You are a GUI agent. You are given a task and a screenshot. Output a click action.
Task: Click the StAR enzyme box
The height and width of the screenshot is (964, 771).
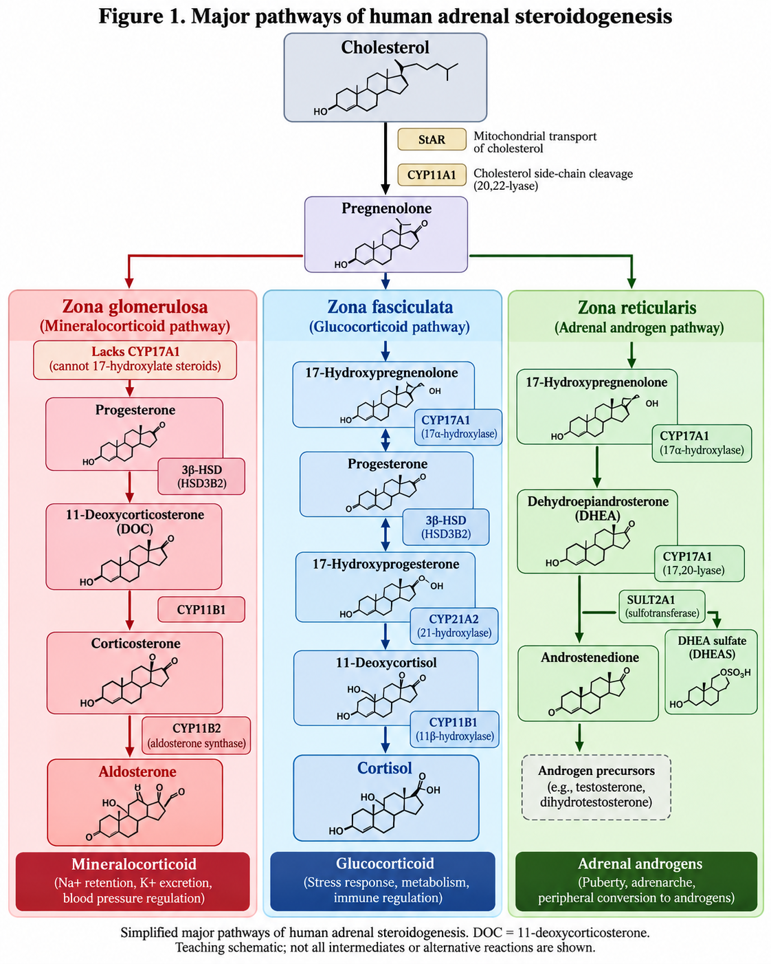pos(432,140)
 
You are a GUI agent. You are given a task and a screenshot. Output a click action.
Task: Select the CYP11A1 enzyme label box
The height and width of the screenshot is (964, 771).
pos(432,175)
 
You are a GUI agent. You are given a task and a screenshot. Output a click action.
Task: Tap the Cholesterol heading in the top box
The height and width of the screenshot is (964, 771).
pos(385,47)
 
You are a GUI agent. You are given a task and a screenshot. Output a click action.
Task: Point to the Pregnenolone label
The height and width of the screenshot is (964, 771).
pos(386,208)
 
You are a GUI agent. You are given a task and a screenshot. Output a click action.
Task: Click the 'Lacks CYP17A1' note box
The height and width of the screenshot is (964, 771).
pos(135,360)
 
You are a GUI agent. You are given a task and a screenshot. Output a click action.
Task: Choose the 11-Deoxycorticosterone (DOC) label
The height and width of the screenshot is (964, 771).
pos(135,521)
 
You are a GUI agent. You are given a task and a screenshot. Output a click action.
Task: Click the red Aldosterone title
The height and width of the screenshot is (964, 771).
pos(137,772)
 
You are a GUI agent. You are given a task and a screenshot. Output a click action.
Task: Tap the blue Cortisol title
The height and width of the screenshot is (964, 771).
pos(385,768)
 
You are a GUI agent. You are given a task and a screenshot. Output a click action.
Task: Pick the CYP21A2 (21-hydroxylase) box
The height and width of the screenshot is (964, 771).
pos(454,626)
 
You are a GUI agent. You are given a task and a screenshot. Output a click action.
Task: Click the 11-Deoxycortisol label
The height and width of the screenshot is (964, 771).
pos(386,663)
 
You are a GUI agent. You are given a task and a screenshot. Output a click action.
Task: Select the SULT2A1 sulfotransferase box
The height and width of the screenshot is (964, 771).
pos(662,606)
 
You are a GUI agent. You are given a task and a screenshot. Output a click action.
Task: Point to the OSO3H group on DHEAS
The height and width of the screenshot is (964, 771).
pos(735,673)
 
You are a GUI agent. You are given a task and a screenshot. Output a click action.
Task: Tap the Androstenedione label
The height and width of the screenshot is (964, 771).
pos(590,657)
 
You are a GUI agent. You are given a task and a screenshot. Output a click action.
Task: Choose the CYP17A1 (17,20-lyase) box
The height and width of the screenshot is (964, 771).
pos(700,564)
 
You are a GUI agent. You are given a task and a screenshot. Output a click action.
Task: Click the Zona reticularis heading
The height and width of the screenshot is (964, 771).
pos(637,307)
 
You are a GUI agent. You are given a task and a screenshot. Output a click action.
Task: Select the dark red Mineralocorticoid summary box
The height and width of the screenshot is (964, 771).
pos(133,881)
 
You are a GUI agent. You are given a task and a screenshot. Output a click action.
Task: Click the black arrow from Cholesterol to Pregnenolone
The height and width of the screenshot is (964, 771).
pos(385,158)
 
